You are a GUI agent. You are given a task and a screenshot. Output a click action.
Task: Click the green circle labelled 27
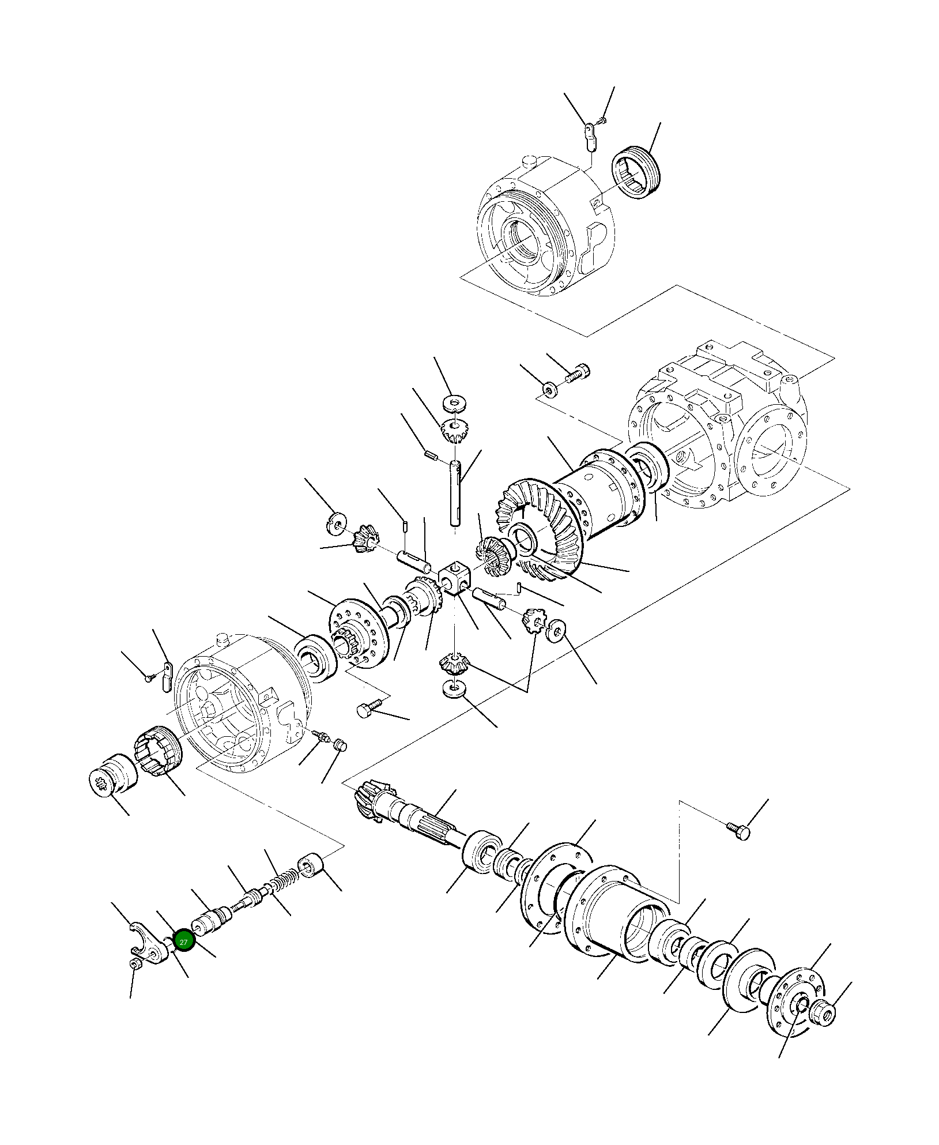[x=184, y=942]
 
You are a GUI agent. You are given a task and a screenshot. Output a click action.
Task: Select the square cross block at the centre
[x=455, y=579]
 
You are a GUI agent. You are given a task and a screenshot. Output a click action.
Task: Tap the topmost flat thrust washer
[x=455, y=401]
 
